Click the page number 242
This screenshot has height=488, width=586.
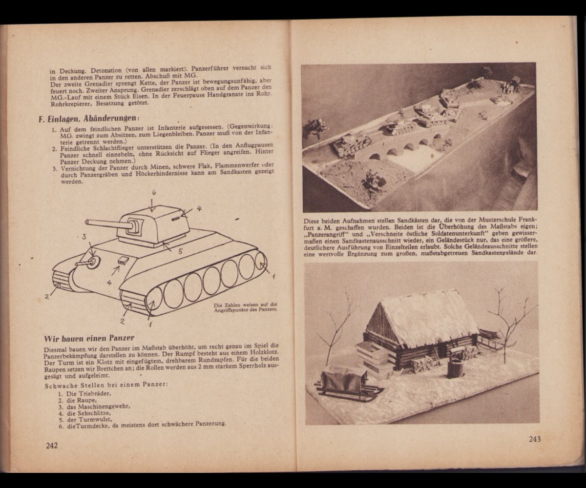52,445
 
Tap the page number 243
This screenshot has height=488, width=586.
535,439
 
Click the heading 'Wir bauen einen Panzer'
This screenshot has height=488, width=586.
89,338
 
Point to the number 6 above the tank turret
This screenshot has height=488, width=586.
154,193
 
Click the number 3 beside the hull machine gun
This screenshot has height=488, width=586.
84,237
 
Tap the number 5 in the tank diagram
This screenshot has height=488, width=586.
180,251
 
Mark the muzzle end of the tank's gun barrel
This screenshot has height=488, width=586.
87,222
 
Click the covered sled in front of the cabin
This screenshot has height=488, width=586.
348,382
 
